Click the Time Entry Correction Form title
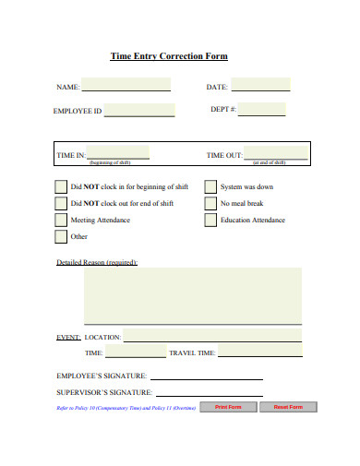(x=168, y=56)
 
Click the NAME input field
(x=126, y=85)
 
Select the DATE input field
(x=260, y=85)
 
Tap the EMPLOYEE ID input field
(x=139, y=111)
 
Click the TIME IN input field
(x=118, y=152)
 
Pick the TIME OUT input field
(x=276, y=152)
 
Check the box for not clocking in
(x=61, y=186)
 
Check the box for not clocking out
(x=61, y=203)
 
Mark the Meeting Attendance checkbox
(x=61, y=220)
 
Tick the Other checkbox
(x=61, y=236)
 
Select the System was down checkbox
(x=210, y=186)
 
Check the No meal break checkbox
(x=210, y=203)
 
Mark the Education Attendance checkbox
(x=210, y=220)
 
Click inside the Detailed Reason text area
(x=192, y=295)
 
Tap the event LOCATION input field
(x=212, y=337)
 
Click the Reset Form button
(x=288, y=406)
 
